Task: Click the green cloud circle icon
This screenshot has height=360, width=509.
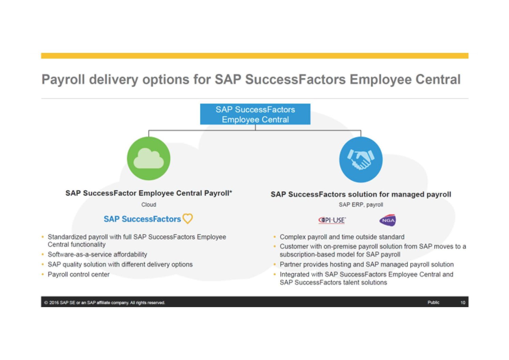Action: click(x=149, y=158)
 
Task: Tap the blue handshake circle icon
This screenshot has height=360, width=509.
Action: click(x=361, y=159)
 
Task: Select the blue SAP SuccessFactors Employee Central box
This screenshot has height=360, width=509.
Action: click(x=255, y=114)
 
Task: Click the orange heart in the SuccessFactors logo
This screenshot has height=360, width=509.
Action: click(x=188, y=218)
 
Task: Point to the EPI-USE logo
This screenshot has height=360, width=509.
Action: click(x=332, y=220)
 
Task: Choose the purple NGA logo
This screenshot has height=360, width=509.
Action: click(x=388, y=220)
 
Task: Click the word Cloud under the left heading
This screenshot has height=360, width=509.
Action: click(x=149, y=204)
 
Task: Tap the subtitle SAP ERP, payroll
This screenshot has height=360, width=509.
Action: click(x=361, y=204)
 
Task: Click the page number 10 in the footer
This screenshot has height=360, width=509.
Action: click(x=463, y=302)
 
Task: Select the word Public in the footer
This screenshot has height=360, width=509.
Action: click(x=433, y=302)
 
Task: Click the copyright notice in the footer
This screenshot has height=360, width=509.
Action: click(x=105, y=303)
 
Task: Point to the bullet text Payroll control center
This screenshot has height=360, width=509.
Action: click(x=78, y=274)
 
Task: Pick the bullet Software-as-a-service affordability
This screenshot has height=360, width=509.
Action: click(x=97, y=254)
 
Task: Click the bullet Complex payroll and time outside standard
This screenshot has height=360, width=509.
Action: click(x=342, y=237)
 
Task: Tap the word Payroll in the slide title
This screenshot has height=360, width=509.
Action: click(x=63, y=80)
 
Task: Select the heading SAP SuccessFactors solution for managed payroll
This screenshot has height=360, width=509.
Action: click(x=361, y=194)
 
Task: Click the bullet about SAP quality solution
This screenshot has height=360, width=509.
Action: click(x=120, y=264)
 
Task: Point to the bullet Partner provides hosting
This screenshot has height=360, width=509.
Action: click(x=366, y=264)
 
